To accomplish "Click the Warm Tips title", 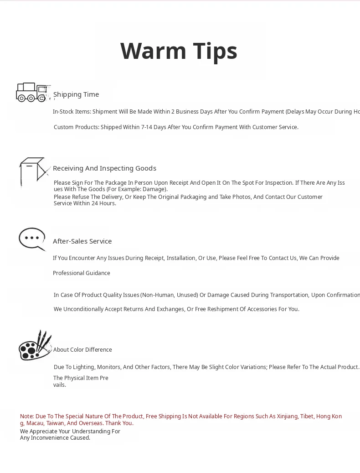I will click(179, 51).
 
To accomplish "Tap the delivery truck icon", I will click(32, 92).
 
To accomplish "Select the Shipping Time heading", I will click(76, 94).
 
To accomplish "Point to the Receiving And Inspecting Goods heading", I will click(104, 168).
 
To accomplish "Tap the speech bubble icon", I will click(32, 239).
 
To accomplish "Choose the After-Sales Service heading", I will click(82, 241).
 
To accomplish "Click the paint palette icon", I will click(35, 346).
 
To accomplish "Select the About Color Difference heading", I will click(82, 350).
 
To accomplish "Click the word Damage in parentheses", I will click(154, 189).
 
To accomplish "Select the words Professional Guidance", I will click(82, 273).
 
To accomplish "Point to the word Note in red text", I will click(26, 416).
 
